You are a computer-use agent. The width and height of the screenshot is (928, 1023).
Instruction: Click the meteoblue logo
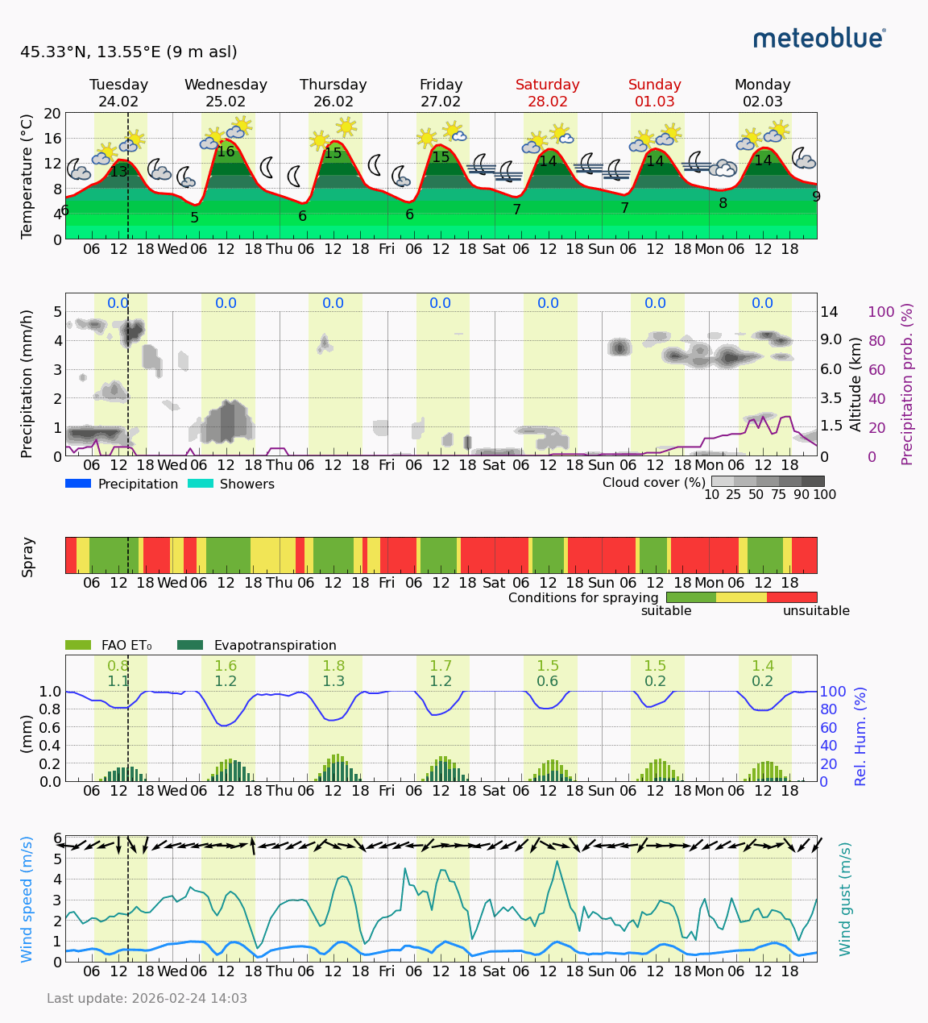[819, 38]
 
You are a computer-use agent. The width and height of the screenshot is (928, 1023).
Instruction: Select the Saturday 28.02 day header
[548, 93]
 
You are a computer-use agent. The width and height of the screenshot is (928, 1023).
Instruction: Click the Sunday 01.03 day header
[655, 93]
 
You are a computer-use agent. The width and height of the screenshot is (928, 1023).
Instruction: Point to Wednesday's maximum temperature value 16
[226, 152]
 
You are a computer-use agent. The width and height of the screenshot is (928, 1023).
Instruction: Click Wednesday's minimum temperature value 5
[194, 218]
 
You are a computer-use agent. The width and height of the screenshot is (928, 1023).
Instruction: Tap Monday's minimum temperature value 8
[723, 203]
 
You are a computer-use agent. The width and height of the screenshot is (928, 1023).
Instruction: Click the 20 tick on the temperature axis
[52, 114]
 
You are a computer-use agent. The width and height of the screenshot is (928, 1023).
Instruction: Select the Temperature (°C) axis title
[27, 176]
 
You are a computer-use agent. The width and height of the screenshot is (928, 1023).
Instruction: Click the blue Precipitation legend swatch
[78, 484]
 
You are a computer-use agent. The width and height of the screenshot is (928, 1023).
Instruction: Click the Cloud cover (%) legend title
[653, 482]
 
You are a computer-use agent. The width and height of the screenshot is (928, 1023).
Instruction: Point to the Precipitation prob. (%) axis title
[908, 384]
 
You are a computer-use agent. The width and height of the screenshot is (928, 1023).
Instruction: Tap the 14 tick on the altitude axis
[830, 312]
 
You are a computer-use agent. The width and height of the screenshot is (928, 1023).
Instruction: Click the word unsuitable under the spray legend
[816, 611]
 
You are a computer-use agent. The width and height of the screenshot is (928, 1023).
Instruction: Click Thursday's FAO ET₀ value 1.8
[333, 666]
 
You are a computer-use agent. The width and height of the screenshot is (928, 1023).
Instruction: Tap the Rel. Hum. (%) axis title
[861, 736]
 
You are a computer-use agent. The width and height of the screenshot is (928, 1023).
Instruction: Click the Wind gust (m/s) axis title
[845, 899]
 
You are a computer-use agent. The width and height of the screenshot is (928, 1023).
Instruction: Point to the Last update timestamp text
[147, 998]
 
